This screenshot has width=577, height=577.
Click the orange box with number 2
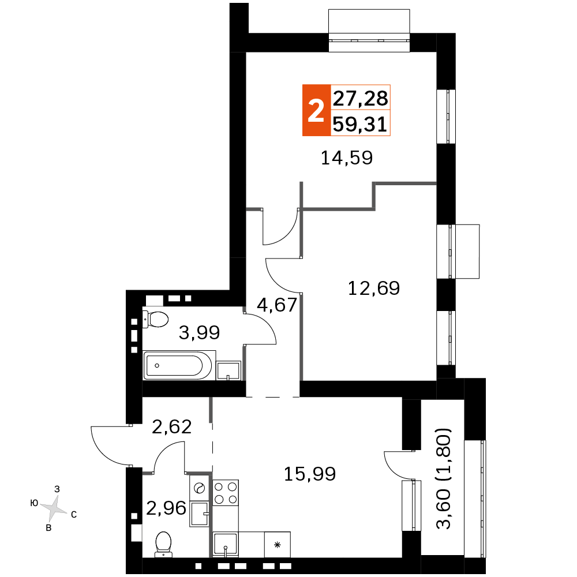316,110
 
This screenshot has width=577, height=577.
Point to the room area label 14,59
347,158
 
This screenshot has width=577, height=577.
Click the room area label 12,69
374,287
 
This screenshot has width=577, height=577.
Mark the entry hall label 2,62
171,426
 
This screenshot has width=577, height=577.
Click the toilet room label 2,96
166,508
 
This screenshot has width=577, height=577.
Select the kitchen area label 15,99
310,474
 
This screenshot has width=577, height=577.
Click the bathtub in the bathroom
174,366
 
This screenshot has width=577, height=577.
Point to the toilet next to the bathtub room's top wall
154,319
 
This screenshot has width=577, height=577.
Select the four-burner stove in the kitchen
226,492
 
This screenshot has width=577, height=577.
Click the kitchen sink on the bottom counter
226,544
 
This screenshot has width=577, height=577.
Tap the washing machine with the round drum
200,488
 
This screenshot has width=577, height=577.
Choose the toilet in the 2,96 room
163,544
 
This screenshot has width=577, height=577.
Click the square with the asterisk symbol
277,544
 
